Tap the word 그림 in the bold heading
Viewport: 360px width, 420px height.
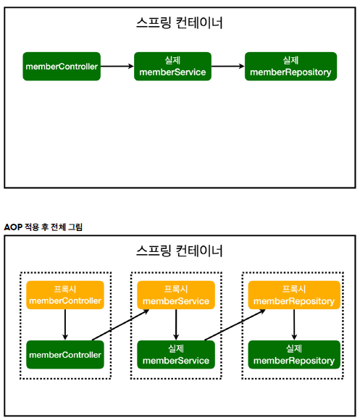pyautogui.click(x=75, y=227)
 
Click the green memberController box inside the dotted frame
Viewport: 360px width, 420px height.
pyautogui.click(x=64, y=355)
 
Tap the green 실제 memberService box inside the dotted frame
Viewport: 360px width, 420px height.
pyautogui.click(x=176, y=355)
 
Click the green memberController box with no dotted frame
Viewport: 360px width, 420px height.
pyautogui.click(x=62, y=67)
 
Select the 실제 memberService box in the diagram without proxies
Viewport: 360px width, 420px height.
pyautogui.click(x=172, y=67)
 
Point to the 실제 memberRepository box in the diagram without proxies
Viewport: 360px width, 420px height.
pyautogui.click(x=290, y=67)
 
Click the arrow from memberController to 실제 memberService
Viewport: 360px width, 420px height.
pyautogui.click(x=117, y=67)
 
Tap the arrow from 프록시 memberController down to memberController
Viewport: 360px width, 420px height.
pyautogui.click(x=65, y=325)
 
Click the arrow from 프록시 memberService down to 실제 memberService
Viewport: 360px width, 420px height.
pyautogui.click(x=176, y=325)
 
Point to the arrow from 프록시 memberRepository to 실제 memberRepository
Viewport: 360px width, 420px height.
pyautogui.click(x=293, y=325)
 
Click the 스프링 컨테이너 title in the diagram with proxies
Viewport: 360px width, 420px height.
pyautogui.click(x=180, y=251)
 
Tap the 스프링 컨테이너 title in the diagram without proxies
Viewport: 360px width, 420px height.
pyautogui.click(x=180, y=22)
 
